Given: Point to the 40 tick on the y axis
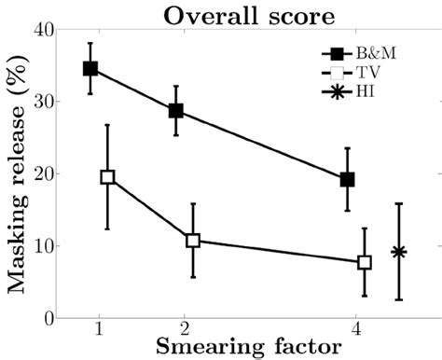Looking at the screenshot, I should (40, 30).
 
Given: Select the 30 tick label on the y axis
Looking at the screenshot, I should (40, 102).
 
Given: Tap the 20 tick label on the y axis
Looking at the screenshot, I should (40, 173).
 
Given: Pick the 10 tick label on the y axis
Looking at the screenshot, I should (40, 246).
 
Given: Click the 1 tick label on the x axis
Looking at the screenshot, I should (98, 330).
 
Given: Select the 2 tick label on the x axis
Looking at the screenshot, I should (185, 330).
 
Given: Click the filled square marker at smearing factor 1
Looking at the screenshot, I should (90, 68).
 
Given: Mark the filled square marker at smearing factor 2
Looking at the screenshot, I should (175, 111).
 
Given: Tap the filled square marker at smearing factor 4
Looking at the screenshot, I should (347, 179).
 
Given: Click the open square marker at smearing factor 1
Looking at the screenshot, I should (107, 177).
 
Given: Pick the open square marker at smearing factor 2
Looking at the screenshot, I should (193, 241).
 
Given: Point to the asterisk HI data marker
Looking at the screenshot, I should (398, 252).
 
